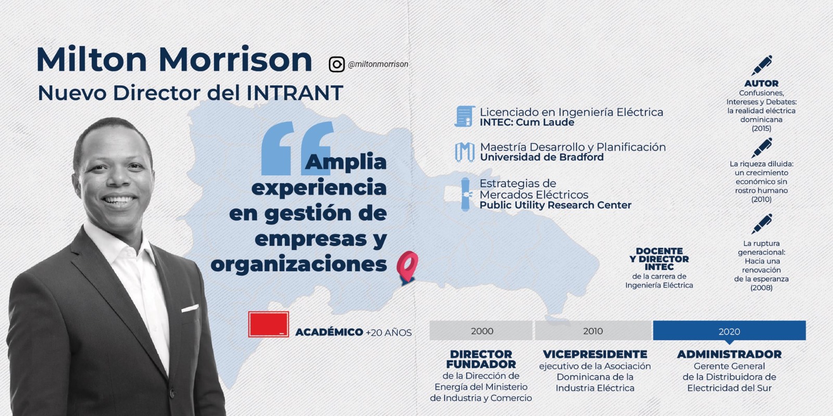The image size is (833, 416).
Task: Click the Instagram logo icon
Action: point(336,64)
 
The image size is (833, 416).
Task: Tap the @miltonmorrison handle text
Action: point(378,64)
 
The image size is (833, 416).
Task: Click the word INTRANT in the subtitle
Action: point(295,93)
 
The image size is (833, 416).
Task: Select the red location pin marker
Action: point(407,267)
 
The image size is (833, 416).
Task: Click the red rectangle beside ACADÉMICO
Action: point(269,324)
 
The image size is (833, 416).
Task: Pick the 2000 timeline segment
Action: point(481,331)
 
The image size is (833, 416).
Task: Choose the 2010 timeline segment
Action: point(594,331)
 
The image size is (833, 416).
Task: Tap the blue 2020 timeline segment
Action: point(729,331)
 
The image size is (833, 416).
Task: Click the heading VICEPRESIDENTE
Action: point(595,354)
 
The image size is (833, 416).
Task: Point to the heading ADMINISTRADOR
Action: point(729,354)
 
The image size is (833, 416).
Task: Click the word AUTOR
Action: point(761,84)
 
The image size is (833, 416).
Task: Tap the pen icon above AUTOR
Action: point(761,66)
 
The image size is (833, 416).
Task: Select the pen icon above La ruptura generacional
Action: point(761,224)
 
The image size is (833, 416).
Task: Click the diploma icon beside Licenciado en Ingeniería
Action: point(465,116)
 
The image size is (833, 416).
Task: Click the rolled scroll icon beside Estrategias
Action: point(465,194)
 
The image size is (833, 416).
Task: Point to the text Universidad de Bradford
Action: point(542,157)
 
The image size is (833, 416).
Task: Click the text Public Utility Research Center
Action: point(556,205)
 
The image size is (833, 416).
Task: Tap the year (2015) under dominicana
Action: point(761,128)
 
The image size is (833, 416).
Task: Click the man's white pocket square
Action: point(190,308)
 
